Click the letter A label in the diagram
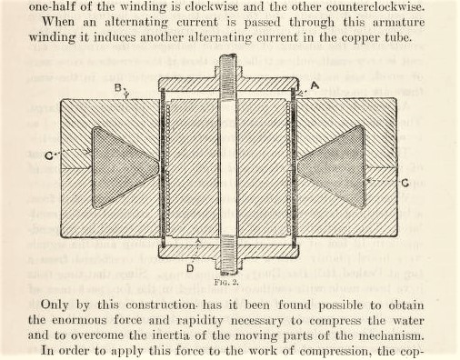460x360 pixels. [x=315, y=85]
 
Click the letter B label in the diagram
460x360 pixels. [x=118, y=88]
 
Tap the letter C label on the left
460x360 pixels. [x=48, y=156]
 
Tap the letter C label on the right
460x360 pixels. [x=405, y=183]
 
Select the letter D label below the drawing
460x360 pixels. [x=190, y=268]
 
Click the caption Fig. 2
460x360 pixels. [x=226, y=283]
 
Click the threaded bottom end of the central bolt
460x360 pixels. [x=228, y=255]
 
